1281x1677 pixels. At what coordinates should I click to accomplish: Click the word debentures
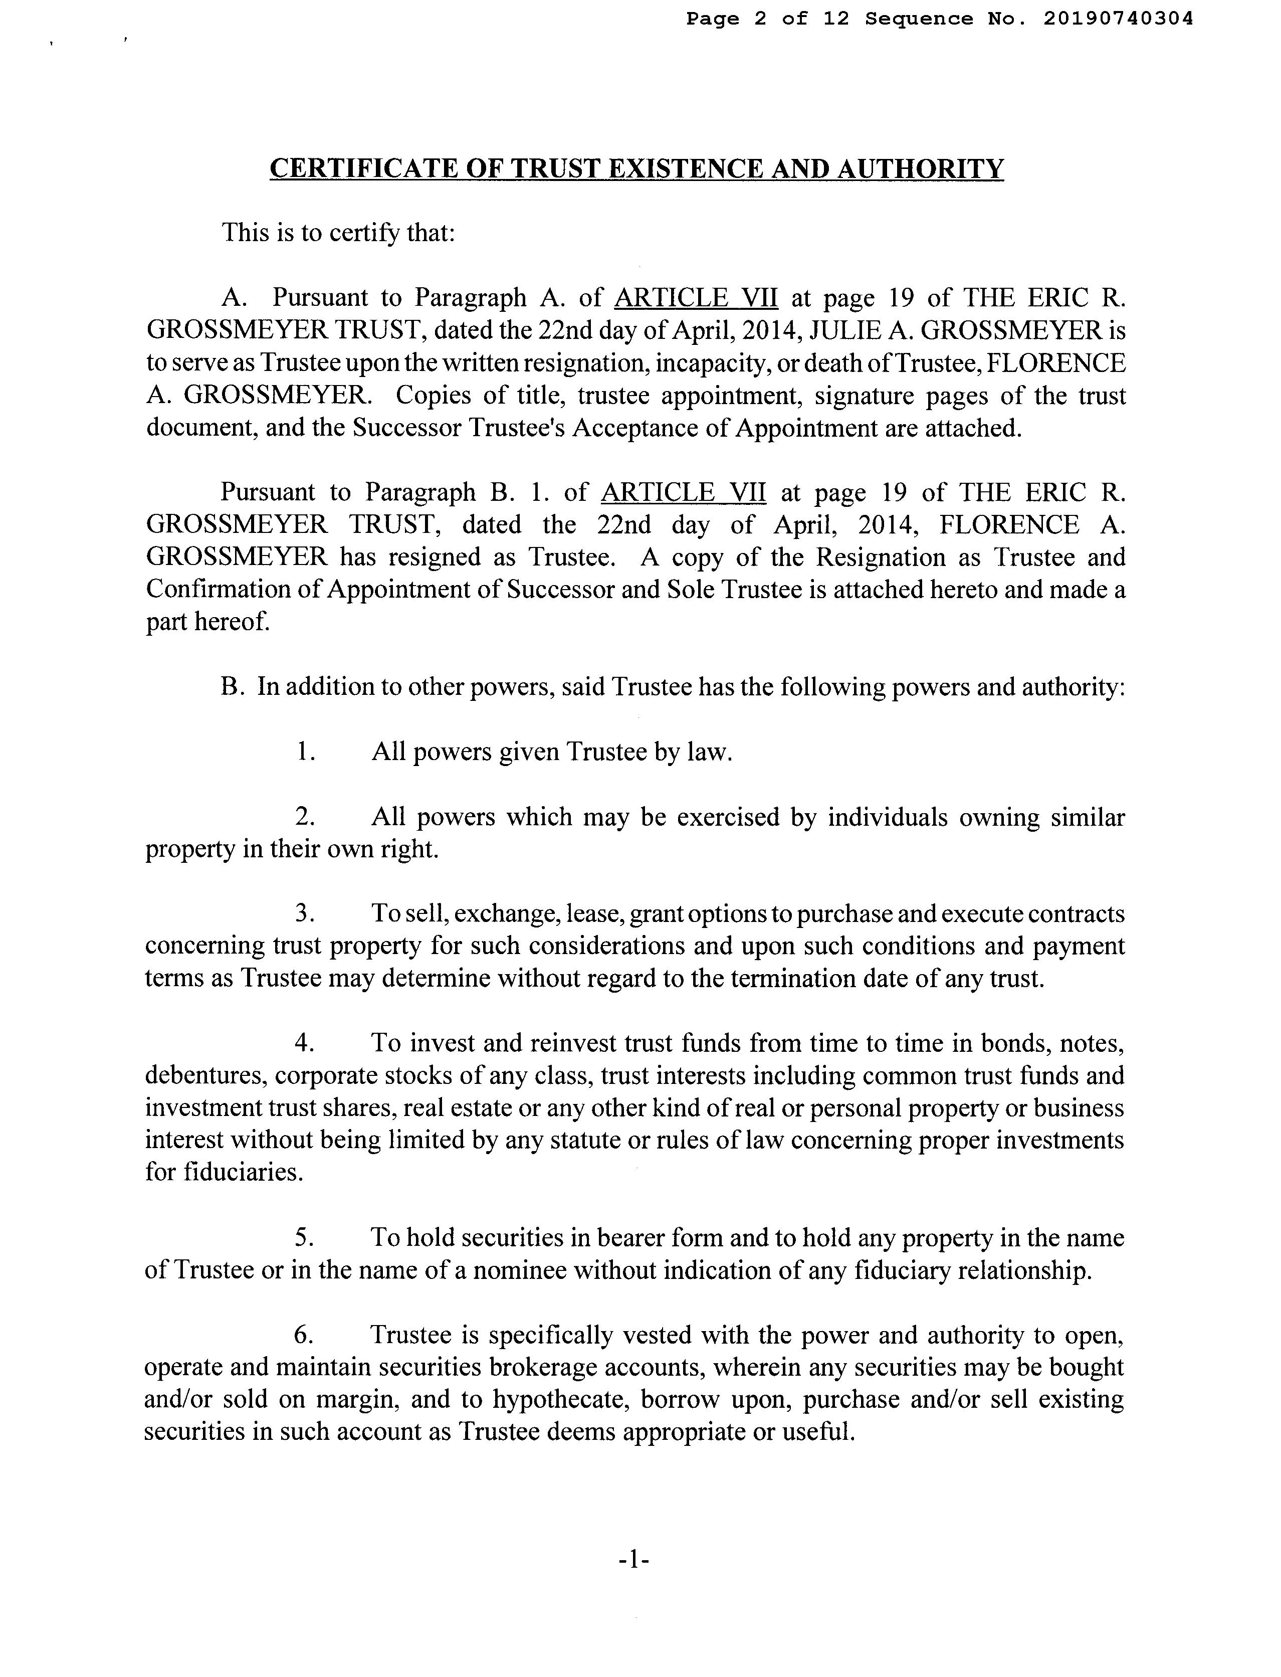203,1075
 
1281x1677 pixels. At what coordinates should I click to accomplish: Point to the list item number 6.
304,1336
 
